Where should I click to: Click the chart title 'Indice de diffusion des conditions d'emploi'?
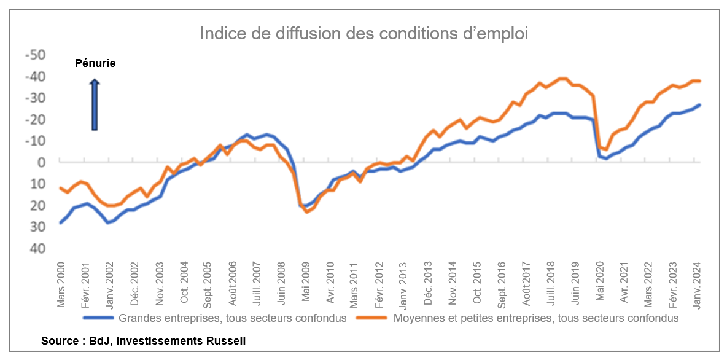(363, 34)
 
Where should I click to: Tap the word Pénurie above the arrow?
(95, 63)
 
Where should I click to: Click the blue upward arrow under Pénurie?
(95, 104)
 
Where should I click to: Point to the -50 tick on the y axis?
(35, 55)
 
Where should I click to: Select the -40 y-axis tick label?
(35, 77)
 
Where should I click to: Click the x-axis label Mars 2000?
(61, 284)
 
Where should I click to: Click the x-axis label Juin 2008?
(281, 284)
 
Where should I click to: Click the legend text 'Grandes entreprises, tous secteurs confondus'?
(233, 318)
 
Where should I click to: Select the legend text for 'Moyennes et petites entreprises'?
(535, 318)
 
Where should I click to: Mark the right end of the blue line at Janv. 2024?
(700, 105)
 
